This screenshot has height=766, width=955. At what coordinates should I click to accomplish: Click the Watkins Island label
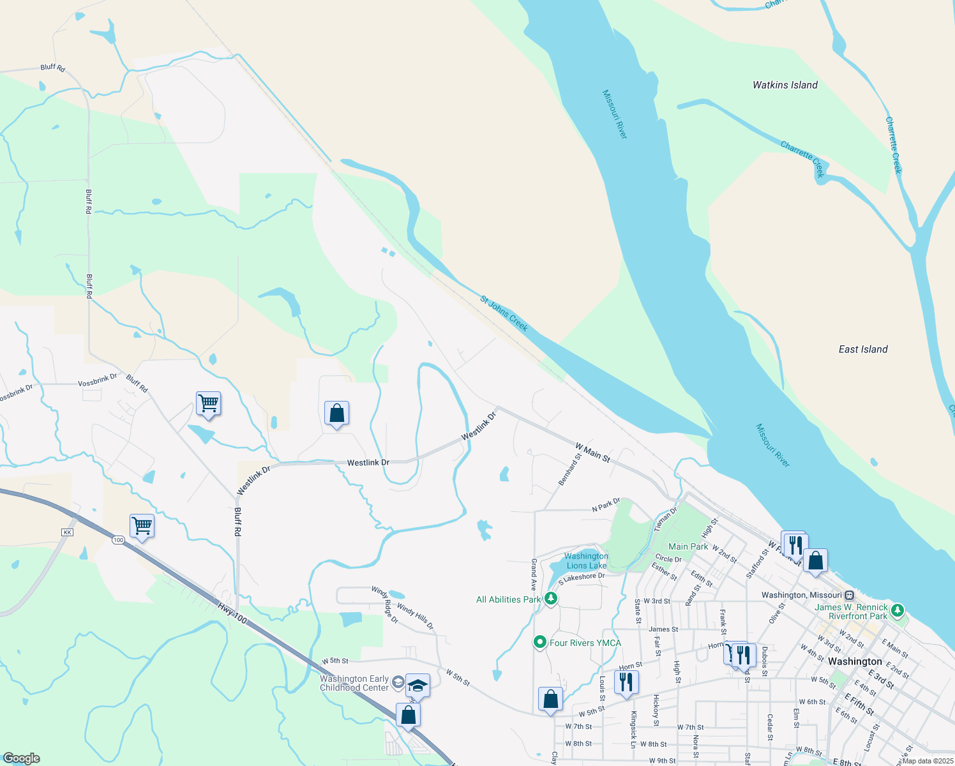pyautogui.click(x=785, y=85)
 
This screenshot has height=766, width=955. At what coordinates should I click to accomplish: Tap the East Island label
pyautogui.click(x=862, y=349)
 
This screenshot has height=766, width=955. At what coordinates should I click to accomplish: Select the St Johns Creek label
pyautogui.click(x=504, y=313)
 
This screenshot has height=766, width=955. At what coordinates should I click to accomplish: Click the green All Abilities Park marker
pyautogui.click(x=551, y=599)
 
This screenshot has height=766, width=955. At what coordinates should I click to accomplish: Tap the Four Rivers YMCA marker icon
pyautogui.click(x=540, y=642)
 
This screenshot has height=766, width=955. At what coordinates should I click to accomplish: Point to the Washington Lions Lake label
pyautogui.click(x=586, y=561)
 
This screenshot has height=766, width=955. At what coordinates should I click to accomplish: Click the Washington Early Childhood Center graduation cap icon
pyautogui.click(x=417, y=686)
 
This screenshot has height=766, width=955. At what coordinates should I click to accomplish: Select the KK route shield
pyautogui.click(x=68, y=532)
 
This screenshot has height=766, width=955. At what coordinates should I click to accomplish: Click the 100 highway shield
pyautogui.click(x=118, y=540)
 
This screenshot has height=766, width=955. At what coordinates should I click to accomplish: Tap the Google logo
pyautogui.click(x=21, y=758)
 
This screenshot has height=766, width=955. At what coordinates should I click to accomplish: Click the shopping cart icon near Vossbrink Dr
pyautogui.click(x=208, y=403)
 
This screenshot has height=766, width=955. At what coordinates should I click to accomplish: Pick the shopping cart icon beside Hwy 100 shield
pyautogui.click(x=142, y=526)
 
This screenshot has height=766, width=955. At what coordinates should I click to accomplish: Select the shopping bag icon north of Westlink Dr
pyautogui.click(x=336, y=413)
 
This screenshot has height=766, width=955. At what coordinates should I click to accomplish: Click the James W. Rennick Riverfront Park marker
pyautogui.click(x=898, y=610)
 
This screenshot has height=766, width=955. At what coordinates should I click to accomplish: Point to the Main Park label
pyautogui.click(x=688, y=546)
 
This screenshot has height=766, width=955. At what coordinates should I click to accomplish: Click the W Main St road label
pyautogui.click(x=592, y=453)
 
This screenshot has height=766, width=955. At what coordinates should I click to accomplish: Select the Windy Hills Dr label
pyautogui.click(x=415, y=616)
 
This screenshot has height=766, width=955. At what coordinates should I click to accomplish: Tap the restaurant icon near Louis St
pyautogui.click(x=626, y=682)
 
